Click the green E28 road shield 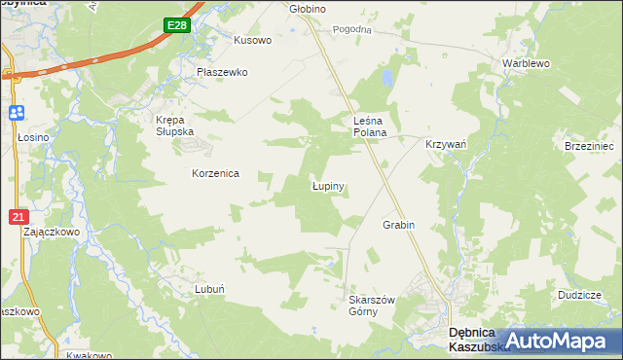pos(176,26)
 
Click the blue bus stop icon pos(17,113)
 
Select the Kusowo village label pos(252,41)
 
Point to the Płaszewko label pos(223,72)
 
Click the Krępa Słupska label pos(176,126)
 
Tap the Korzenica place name pos(215,173)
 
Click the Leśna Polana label pos(370,126)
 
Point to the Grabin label pos(398,225)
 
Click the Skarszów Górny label pos(371,306)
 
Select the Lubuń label pos(210,289)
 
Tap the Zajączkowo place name pos(51,234)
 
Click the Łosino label pos(33,138)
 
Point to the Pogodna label pos(352,30)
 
